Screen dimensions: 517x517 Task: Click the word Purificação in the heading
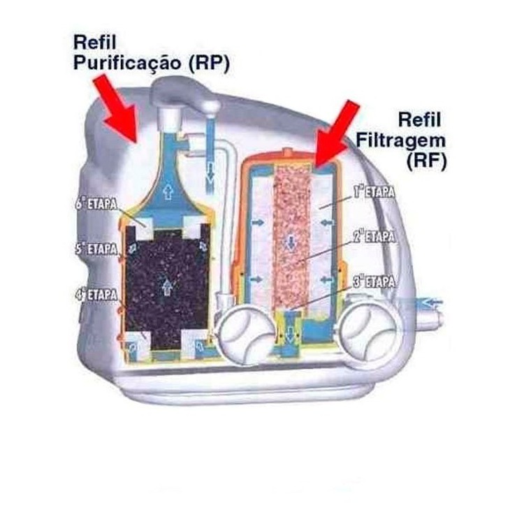127,63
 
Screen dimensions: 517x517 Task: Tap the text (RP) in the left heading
209,63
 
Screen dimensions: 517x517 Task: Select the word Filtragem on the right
401,140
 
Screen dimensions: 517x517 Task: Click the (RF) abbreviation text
426,161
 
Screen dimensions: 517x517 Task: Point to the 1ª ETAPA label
374,192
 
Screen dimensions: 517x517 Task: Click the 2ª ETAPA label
374,237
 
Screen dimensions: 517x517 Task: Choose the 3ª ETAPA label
374,282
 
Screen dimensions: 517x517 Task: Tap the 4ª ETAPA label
96,294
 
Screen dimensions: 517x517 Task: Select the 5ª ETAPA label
96,249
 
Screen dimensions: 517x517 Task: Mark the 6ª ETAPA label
96,204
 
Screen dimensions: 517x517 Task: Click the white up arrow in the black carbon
168,286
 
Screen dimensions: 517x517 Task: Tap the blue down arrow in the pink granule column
291,242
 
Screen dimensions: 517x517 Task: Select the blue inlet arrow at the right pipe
432,301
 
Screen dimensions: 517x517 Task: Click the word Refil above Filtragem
419,119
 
